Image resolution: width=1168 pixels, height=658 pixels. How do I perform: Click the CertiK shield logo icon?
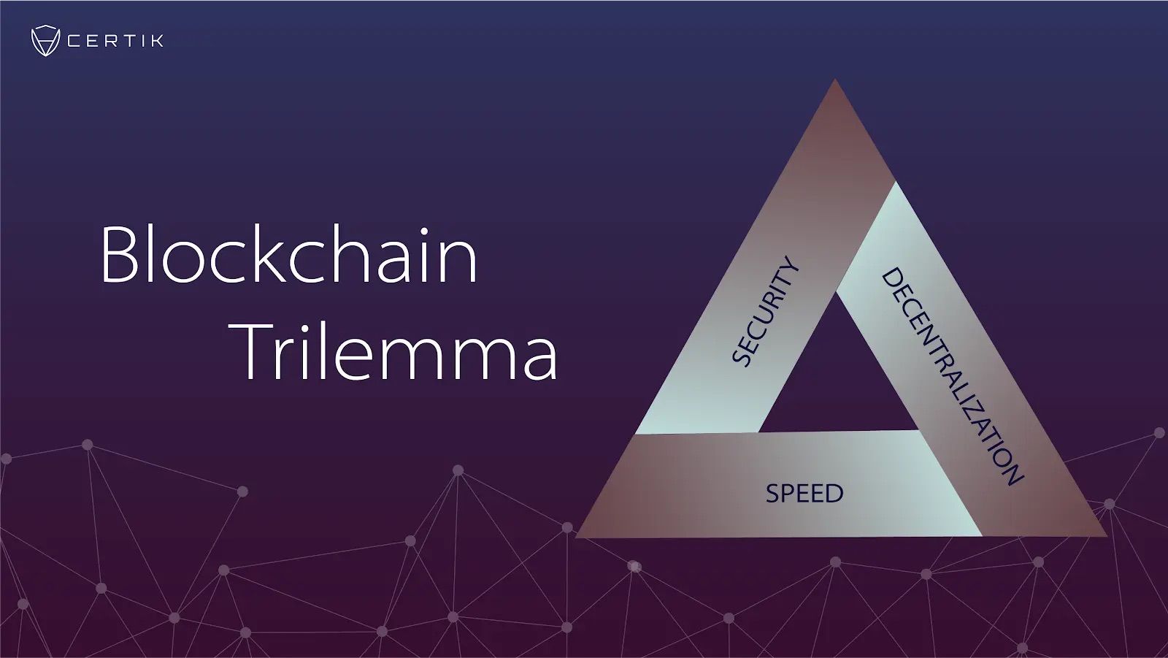click(x=45, y=40)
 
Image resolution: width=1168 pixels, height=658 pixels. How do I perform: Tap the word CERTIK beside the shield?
click(x=115, y=41)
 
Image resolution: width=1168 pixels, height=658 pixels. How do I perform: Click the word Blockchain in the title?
click(x=289, y=254)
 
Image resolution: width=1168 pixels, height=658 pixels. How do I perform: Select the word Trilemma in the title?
click(x=399, y=351)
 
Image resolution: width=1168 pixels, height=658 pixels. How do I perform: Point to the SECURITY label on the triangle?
click(x=766, y=312)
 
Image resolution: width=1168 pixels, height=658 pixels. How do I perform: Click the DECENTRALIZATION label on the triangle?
click(x=953, y=377)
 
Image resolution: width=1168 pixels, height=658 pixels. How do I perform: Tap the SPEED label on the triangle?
click(x=804, y=493)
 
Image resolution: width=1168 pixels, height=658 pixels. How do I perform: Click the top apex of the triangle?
click(x=835, y=79)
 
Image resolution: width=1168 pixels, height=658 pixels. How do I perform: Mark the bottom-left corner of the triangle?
click(x=575, y=537)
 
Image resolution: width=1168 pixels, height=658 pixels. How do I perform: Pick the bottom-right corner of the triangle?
click(x=1107, y=536)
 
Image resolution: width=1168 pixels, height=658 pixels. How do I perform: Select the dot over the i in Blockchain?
click(x=424, y=232)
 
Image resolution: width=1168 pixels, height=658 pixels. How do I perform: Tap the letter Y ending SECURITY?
click(x=791, y=267)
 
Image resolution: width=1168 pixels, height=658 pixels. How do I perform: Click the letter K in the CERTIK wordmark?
click(x=157, y=41)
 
